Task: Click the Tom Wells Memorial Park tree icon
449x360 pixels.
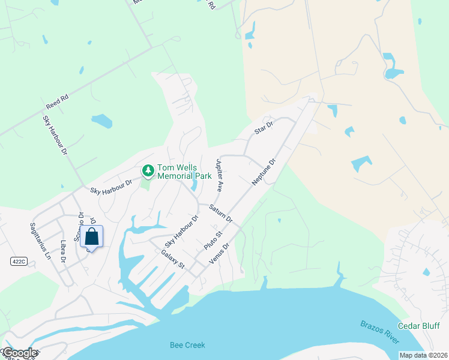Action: (148, 172)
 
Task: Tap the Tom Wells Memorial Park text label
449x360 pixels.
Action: (184, 172)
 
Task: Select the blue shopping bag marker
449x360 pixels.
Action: (92, 236)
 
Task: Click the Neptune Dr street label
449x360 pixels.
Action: (264, 172)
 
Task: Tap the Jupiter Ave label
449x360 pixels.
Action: (219, 175)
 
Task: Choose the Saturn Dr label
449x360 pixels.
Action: (221, 215)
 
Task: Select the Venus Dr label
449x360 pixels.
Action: (220, 254)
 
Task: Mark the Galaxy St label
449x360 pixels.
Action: (172, 260)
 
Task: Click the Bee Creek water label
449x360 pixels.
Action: (187, 345)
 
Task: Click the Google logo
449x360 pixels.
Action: (20, 353)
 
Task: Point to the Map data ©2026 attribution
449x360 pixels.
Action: (424, 355)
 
